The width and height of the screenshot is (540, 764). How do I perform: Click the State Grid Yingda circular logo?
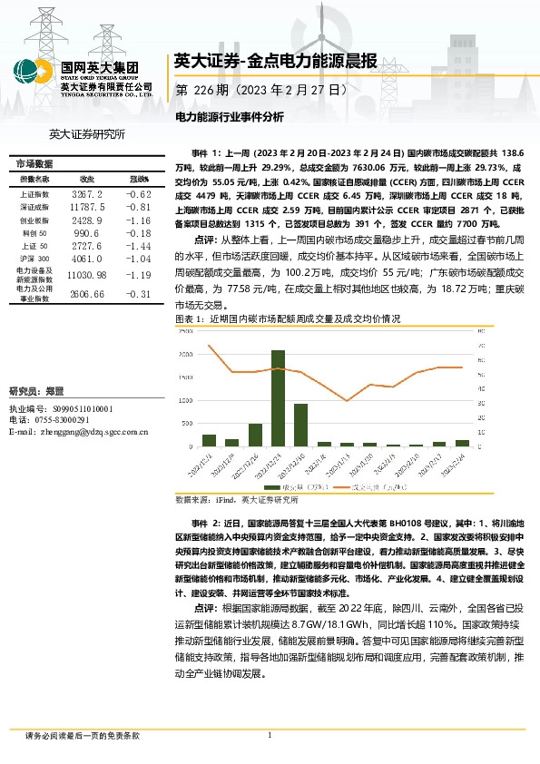(x=30, y=73)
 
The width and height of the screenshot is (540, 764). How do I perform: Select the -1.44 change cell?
(x=138, y=246)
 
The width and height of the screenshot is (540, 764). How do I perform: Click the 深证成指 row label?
(x=34, y=208)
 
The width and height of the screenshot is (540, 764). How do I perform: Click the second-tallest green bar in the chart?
(x=300, y=425)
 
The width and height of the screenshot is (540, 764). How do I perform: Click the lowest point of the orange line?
(x=347, y=400)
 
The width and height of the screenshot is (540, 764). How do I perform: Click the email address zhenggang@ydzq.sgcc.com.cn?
(x=78, y=432)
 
